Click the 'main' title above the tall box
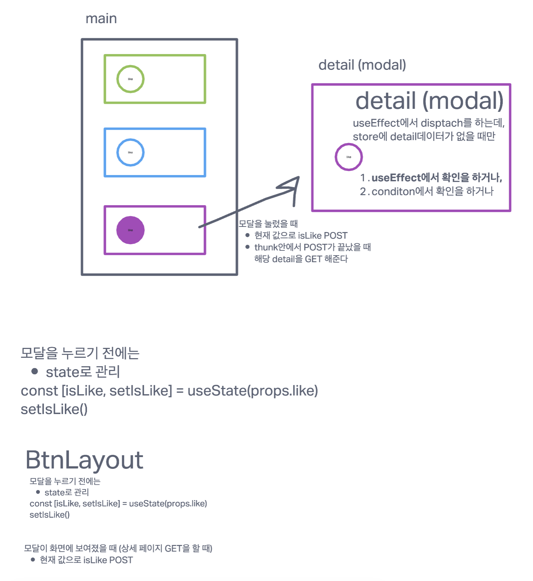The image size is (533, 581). tap(101, 19)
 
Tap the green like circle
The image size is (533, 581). tap(130, 79)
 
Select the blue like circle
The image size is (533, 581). tap(130, 152)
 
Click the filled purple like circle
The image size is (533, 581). tap(130, 230)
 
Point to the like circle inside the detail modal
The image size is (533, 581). tap(349, 157)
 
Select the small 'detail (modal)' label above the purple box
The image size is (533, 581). tap(362, 65)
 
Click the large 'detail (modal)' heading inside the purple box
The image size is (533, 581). tap(429, 101)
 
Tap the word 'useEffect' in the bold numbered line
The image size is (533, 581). tap(396, 178)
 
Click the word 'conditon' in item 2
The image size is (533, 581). tap(393, 192)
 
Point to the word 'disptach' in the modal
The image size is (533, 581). tap(441, 123)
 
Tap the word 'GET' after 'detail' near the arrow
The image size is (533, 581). tap(313, 259)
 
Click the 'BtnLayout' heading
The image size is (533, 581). tap(84, 460)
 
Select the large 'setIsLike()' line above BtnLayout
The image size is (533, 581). tap(54, 409)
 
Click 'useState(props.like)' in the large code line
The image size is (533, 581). tap(253, 391)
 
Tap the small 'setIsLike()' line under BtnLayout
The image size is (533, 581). tap(50, 515)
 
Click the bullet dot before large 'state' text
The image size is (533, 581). tap(35, 371)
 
